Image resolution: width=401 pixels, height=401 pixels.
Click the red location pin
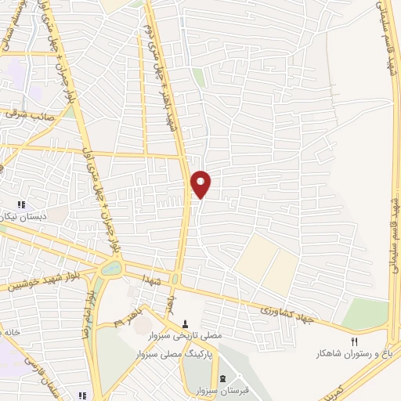click(201, 184)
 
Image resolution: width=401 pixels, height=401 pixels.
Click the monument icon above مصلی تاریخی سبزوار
click(186, 324)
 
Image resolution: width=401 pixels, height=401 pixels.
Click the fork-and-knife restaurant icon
click(354, 341)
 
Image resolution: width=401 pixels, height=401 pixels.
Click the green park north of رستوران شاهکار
click(365, 313)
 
